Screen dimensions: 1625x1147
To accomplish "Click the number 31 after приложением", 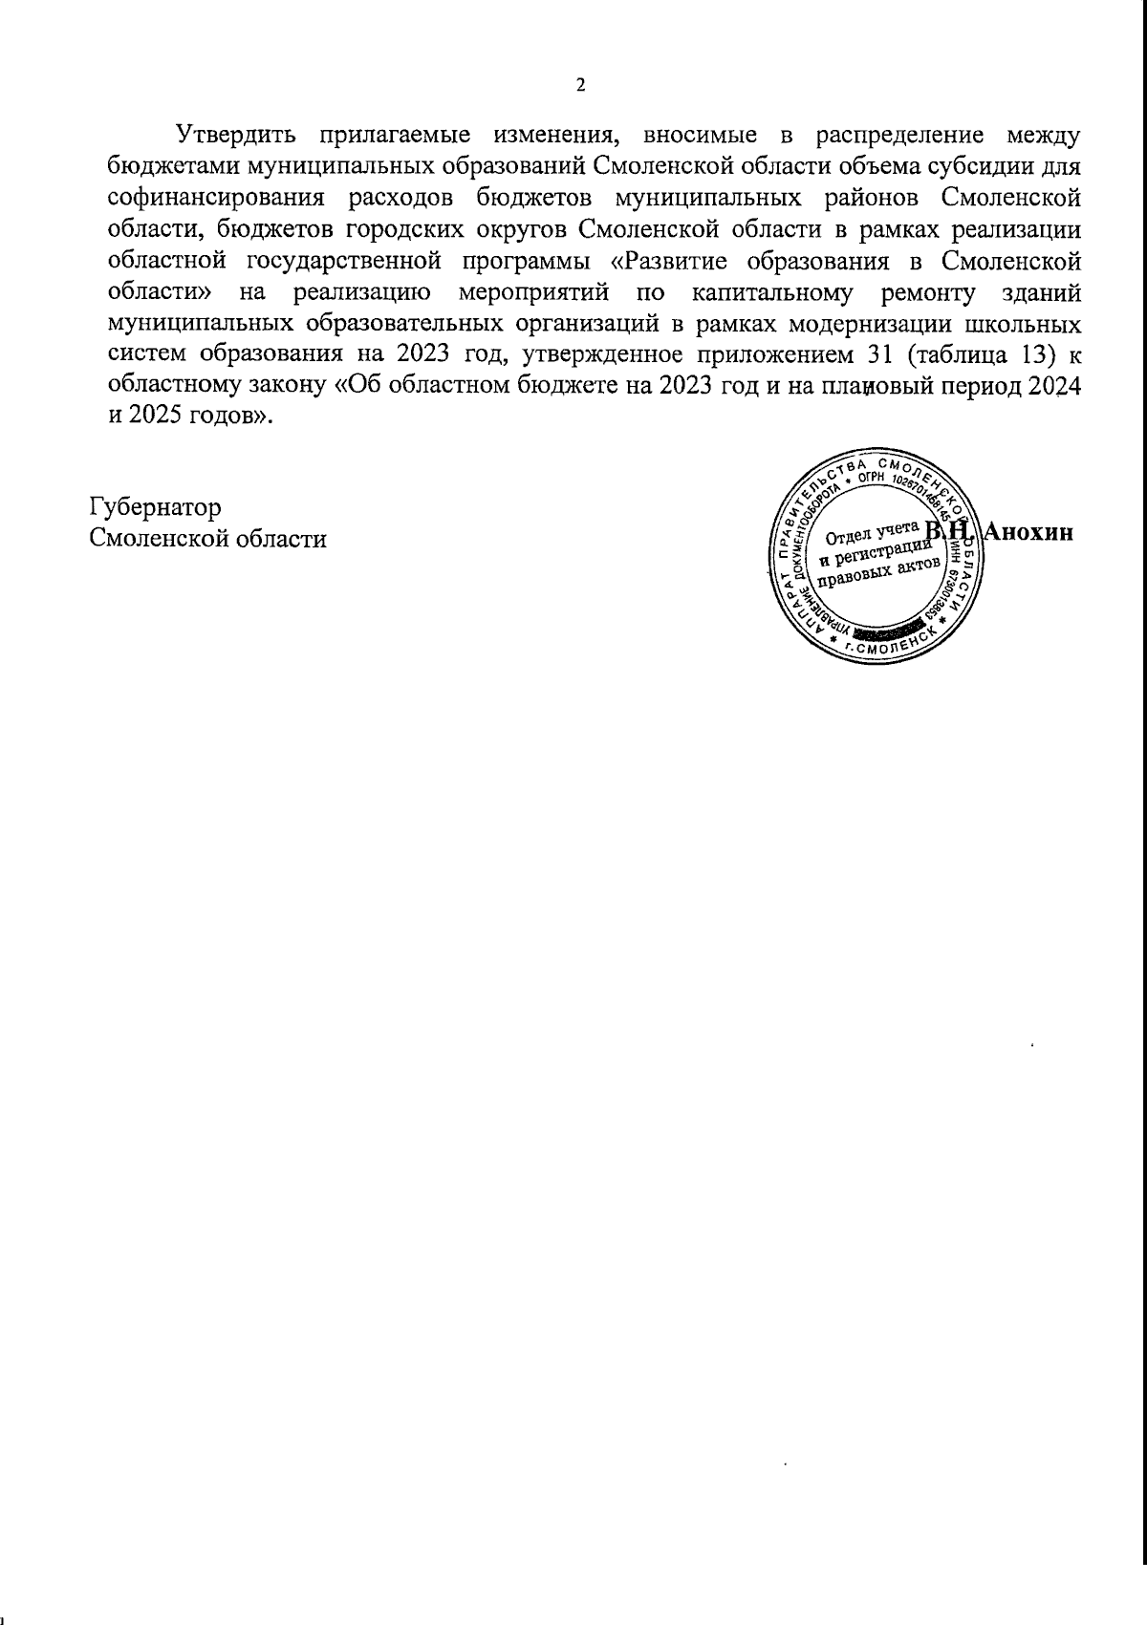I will pos(877,354).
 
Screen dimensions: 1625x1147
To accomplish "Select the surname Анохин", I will pos(1030,532).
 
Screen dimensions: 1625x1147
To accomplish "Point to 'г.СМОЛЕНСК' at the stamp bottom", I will pos(879,650).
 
